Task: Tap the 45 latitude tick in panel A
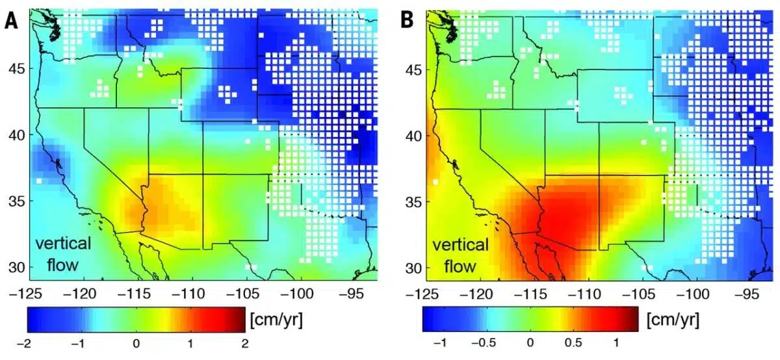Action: (x=13, y=69)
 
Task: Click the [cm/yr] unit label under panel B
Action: (x=675, y=320)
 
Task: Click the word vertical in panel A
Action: (x=63, y=244)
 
